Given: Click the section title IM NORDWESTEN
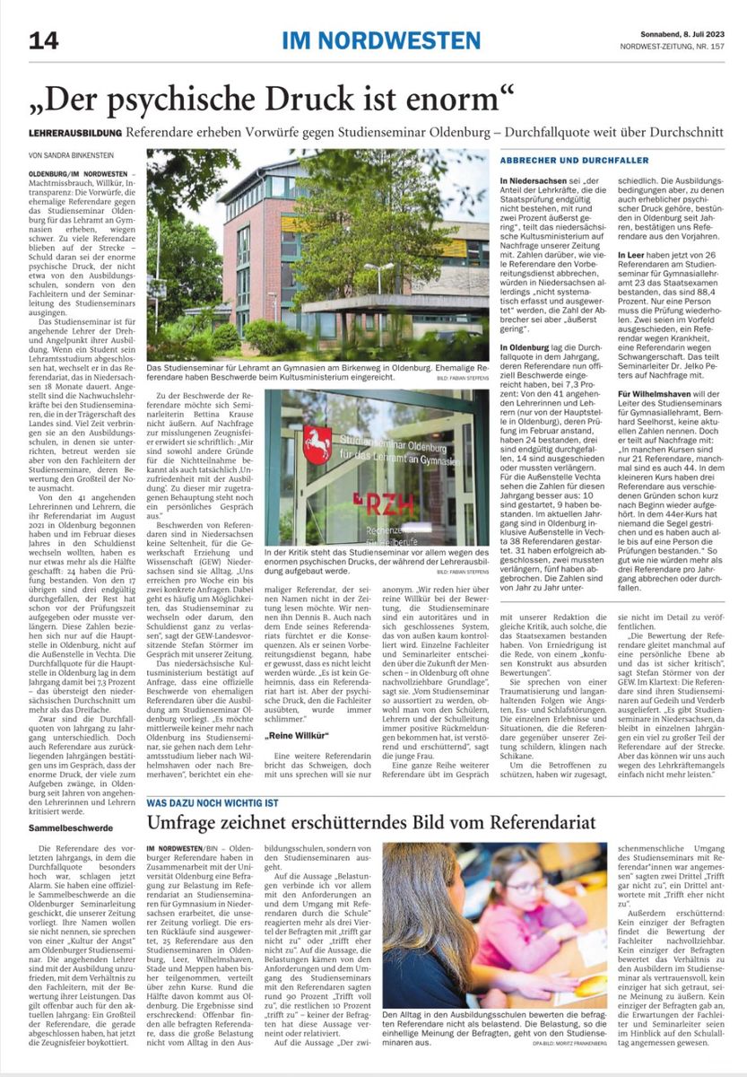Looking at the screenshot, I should (381, 40).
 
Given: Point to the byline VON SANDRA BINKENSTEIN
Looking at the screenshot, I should (79, 154).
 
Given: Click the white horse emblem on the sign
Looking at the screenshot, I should (317, 445).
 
